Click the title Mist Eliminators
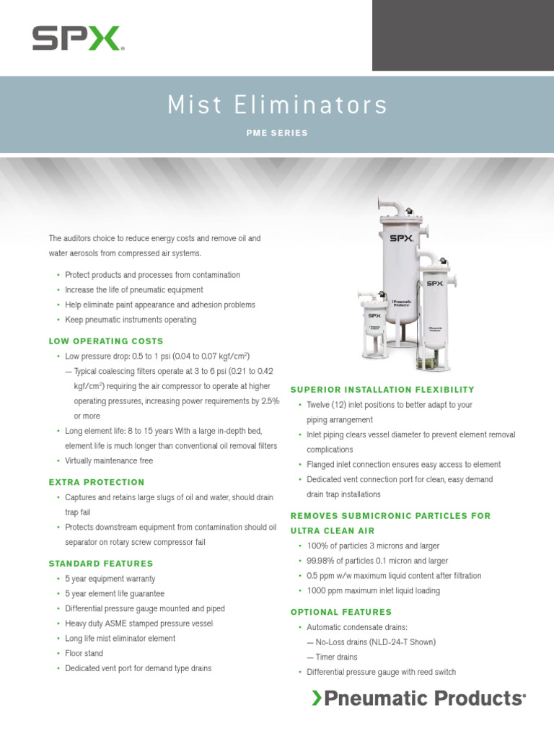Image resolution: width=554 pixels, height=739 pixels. coord(277,105)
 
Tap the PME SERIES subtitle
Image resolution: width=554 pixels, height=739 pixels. coord(277,133)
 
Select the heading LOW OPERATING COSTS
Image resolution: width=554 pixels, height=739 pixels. coord(106,341)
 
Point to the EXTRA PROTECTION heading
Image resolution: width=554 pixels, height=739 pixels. coord(97,482)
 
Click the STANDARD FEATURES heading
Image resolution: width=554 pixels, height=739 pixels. coord(101,563)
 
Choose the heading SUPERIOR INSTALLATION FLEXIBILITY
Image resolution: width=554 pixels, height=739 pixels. coord(382,390)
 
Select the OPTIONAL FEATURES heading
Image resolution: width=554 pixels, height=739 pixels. coord(341,612)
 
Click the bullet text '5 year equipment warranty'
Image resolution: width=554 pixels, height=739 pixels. coord(110,579)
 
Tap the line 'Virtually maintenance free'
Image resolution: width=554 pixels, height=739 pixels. coord(108,460)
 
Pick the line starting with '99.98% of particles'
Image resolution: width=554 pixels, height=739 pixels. coord(377,561)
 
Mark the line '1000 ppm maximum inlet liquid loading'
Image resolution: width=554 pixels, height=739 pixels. coord(373,590)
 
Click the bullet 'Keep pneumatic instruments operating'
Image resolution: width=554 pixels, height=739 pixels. coord(130,320)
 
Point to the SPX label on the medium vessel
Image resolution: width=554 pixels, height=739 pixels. coord(434,284)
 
